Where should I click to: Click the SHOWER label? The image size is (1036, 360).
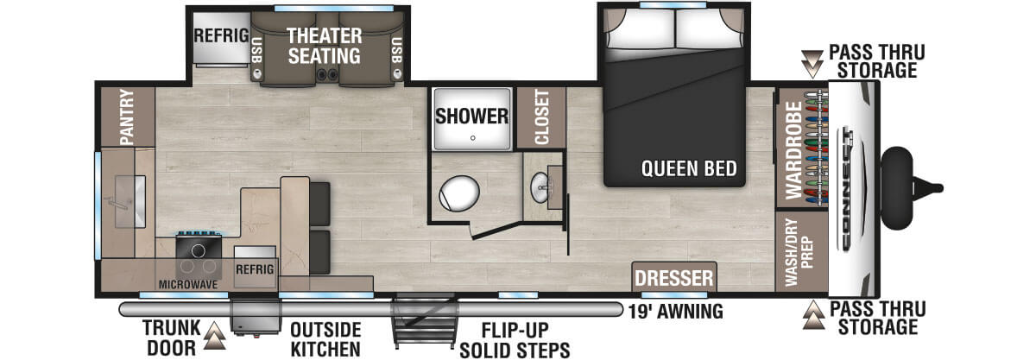[x=471, y=115]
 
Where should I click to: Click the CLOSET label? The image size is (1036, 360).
[x=542, y=117]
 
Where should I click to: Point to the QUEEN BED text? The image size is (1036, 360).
[x=688, y=168]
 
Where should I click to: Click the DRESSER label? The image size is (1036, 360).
[x=674, y=278]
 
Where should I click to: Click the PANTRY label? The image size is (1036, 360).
[x=126, y=117]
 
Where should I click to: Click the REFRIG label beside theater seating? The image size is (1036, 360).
[x=221, y=36]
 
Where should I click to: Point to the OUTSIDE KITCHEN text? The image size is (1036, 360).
[x=325, y=339]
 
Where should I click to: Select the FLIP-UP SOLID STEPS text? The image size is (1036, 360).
[x=515, y=340]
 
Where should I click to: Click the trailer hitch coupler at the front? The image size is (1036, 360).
[x=932, y=184]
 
